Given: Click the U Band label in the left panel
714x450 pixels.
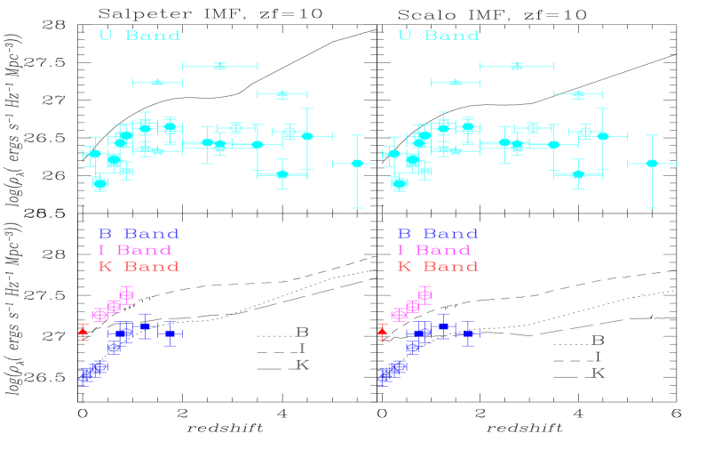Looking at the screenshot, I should click(x=139, y=36).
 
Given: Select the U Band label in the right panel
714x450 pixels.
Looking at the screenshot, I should click(x=439, y=36).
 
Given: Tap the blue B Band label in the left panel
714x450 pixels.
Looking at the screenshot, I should click(x=139, y=235).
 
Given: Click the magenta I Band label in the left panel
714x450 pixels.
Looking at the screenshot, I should click(x=135, y=251).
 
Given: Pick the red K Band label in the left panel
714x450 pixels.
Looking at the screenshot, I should click(x=139, y=267).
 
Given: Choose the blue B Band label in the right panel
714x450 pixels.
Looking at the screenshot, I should click(x=438, y=235).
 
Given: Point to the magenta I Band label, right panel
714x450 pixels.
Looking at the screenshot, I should click(x=434, y=251).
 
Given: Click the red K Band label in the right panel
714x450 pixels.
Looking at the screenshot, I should click(x=438, y=267).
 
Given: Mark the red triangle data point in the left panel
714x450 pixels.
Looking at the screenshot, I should click(x=83, y=332).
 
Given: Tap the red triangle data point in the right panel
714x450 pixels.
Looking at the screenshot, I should click(x=383, y=332).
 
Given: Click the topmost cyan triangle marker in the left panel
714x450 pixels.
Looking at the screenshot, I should click(x=219, y=66).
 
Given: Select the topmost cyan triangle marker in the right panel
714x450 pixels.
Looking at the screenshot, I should click(x=517, y=66).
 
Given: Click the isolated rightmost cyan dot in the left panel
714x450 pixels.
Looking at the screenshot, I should click(x=357, y=163).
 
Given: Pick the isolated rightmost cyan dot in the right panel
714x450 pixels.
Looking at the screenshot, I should click(x=652, y=163).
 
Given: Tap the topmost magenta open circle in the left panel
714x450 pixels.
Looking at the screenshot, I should click(x=126, y=294).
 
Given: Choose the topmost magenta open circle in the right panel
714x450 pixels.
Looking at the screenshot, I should click(x=425, y=294).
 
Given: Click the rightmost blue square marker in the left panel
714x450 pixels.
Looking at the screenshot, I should click(x=170, y=333).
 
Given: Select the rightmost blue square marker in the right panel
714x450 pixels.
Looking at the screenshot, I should click(x=468, y=333).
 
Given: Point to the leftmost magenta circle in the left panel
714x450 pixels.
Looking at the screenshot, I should click(x=99, y=314).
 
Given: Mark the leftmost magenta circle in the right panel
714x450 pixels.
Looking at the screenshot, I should click(x=399, y=314).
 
